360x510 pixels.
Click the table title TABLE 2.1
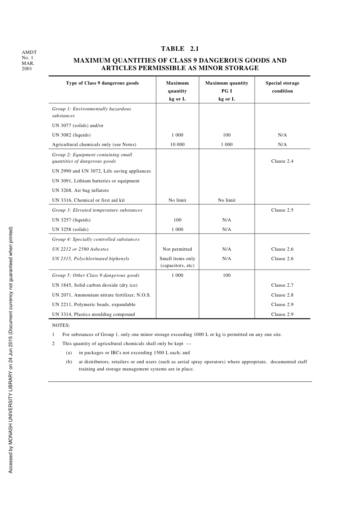(180, 49)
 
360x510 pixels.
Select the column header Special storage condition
(282, 87)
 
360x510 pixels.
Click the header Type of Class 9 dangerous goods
(102, 83)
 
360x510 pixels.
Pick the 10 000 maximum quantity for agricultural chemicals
(177, 144)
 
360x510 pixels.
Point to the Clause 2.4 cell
(282, 161)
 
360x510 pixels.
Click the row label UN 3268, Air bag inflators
(80, 190)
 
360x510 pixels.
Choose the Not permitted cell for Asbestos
(177, 249)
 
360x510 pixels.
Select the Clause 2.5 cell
(282, 210)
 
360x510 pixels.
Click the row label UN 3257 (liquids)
(71, 220)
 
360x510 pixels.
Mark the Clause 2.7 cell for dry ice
(282, 285)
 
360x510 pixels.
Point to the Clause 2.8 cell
(282, 295)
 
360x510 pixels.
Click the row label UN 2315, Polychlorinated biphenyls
(91, 259)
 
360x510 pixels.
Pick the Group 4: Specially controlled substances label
(95, 239)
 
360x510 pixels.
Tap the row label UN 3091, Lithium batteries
(95, 181)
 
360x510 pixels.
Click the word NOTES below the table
(61, 325)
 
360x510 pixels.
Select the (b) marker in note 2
(69, 362)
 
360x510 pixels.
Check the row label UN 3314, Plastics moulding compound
(93, 314)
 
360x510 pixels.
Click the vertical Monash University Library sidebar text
(11, 350)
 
